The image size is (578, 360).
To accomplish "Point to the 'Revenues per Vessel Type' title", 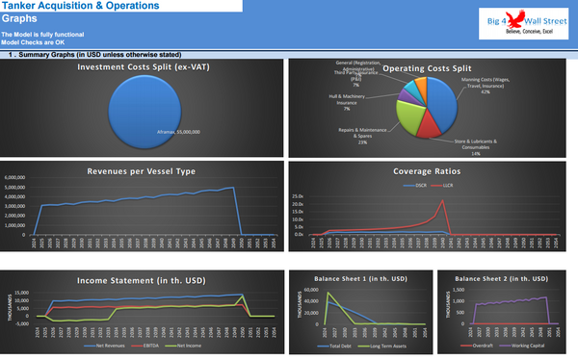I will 144,169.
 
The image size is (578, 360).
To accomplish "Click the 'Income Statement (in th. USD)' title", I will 144,280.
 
